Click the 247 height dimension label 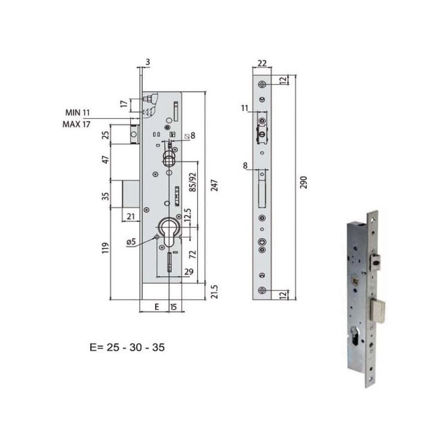click(214, 185)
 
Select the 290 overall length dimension click(304, 183)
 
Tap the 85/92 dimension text click(193, 182)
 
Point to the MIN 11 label click(77, 113)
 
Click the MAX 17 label click(76, 124)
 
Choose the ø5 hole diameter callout click(131, 242)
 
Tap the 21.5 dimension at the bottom click(214, 292)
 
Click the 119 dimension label click(105, 248)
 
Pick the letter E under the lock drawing click(157, 307)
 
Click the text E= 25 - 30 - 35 click(127, 347)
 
